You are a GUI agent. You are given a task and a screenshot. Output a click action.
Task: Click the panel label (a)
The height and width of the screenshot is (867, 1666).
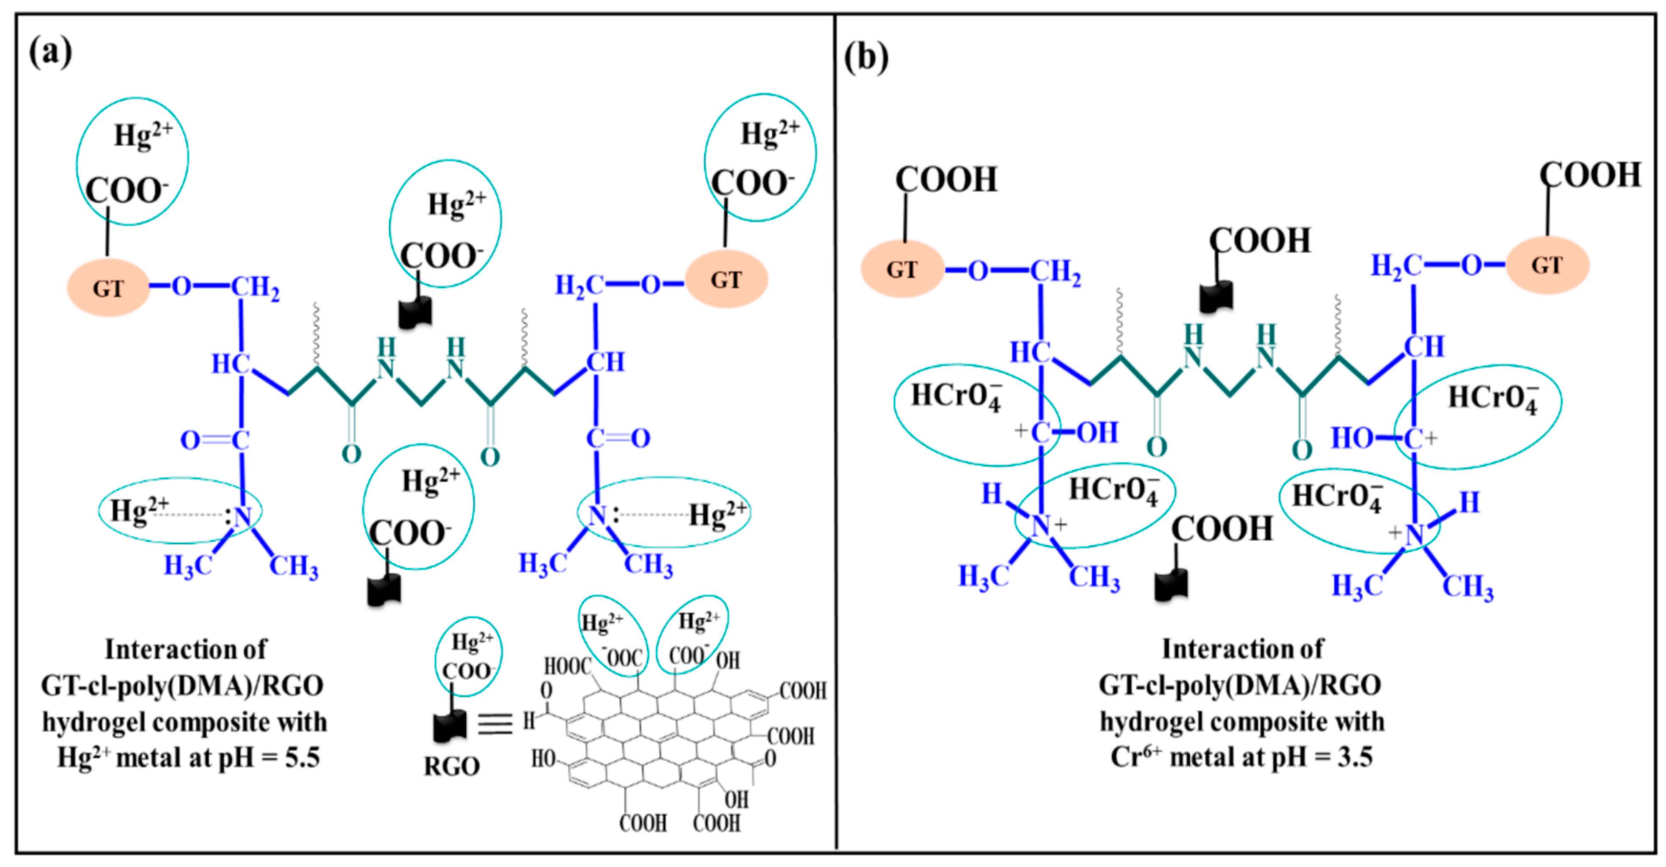(50, 52)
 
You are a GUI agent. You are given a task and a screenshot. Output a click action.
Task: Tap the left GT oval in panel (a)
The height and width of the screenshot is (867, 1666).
(108, 288)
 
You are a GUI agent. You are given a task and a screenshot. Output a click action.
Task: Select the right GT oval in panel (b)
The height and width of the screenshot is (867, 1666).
(1547, 265)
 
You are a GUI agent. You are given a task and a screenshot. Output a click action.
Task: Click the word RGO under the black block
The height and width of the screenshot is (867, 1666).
(451, 766)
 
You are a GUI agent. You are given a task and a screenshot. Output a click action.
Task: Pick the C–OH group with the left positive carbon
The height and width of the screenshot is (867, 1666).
(1067, 432)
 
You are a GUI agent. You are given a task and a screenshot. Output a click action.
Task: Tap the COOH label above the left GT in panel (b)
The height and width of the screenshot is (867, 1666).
(945, 180)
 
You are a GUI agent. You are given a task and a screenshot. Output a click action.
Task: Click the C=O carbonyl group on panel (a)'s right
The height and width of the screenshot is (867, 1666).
(618, 438)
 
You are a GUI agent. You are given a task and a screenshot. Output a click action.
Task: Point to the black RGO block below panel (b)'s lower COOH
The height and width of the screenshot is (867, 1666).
(1171, 585)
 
